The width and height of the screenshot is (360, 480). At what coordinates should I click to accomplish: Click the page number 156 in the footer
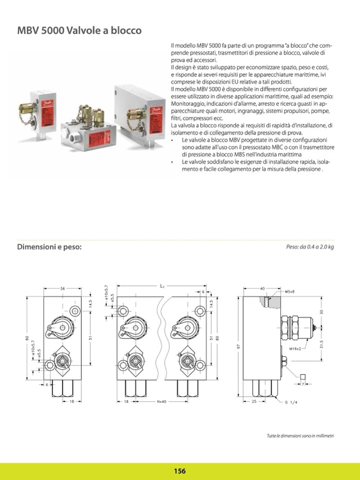tap(179, 470)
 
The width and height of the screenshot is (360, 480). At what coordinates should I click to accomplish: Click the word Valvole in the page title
tap(84, 31)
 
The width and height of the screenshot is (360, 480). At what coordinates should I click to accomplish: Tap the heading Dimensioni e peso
tap(49, 247)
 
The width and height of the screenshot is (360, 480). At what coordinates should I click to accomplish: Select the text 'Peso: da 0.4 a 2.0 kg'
tap(310, 247)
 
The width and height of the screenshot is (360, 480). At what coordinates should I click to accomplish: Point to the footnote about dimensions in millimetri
tap(300, 436)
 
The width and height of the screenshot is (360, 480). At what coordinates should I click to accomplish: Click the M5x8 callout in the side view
tap(289, 292)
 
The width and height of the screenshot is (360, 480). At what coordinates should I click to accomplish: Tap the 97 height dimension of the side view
tap(238, 346)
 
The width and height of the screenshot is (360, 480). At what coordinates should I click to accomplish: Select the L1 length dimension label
tap(162, 286)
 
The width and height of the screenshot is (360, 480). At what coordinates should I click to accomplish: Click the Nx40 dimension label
tap(162, 402)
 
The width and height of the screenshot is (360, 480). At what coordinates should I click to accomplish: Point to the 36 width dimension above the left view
tap(63, 288)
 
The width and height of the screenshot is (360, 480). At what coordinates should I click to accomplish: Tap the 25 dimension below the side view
tap(254, 402)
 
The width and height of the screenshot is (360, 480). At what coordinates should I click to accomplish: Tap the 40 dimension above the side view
tap(262, 288)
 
